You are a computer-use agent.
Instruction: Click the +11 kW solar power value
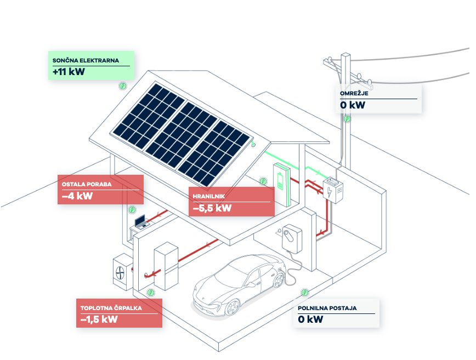(x=69, y=72)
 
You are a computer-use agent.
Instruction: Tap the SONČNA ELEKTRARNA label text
(x=86, y=60)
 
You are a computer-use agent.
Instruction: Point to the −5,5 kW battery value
(x=212, y=208)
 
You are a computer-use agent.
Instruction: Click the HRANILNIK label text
(x=209, y=196)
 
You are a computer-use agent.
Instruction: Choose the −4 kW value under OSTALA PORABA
(x=77, y=196)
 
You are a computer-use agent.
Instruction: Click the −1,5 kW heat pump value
(x=99, y=319)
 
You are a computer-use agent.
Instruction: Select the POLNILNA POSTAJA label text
(x=327, y=308)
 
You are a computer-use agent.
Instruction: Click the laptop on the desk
(x=141, y=221)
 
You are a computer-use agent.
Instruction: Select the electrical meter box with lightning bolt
(x=333, y=191)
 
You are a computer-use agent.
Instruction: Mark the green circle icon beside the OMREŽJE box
(x=347, y=118)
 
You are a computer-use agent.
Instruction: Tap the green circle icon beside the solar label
(x=123, y=86)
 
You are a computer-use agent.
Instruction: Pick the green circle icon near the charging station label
(x=305, y=293)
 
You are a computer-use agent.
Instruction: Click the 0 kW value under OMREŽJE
(x=352, y=105)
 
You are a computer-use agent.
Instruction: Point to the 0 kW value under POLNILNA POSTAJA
(x=310, y=319)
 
